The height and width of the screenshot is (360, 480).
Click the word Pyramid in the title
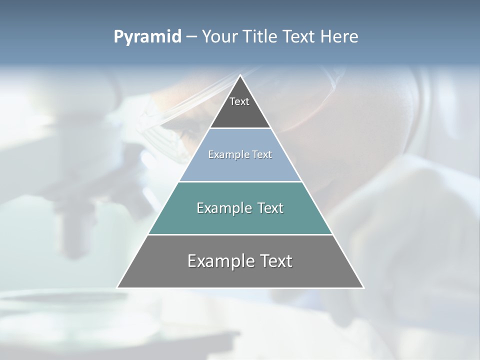[147, 37]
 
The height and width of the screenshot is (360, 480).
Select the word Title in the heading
[262, 37]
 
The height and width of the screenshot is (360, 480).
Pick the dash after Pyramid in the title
[191, 37]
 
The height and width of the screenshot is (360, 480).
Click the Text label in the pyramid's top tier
[239, 101]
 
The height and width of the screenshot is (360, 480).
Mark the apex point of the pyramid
[240, 75]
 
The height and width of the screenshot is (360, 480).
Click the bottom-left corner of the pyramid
[117, 287]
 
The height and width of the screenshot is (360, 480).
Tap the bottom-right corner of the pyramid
[363, 287]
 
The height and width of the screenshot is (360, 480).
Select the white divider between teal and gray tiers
[240, 234]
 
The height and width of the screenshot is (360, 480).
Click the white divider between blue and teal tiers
[240, 181]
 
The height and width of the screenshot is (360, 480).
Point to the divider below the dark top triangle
[240, 128]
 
